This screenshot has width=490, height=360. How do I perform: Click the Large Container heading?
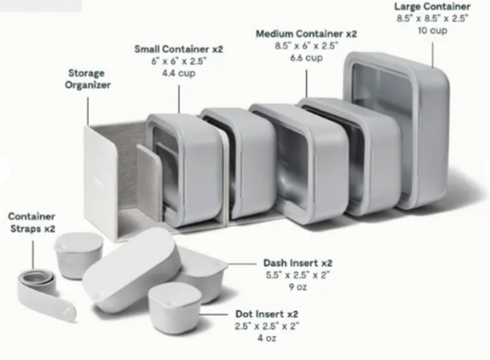[433, 7]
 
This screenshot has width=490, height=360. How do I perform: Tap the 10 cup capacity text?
[433, 31]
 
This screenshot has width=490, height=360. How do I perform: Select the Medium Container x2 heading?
[306, 34]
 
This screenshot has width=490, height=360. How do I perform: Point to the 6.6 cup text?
[306, 58]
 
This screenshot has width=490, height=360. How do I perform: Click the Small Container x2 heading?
[179, 49]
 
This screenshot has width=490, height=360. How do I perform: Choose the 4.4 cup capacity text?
[179, 74]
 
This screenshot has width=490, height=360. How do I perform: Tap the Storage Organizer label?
[87, 79]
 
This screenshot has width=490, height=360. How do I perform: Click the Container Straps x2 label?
[32, 222]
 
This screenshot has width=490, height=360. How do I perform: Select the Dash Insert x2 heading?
[298, 263]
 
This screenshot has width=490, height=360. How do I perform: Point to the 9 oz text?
[298, 287]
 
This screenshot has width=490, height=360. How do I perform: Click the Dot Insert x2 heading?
[267, 314]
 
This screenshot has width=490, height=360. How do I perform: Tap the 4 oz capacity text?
[267, 338]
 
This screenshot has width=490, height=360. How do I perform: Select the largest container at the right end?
[397, 131]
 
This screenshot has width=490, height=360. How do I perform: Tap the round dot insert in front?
[174, 307]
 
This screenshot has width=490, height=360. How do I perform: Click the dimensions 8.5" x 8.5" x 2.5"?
[433, 18]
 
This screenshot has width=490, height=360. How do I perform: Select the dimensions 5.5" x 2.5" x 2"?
[298, 275]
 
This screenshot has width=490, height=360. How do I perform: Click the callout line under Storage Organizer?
[88, 111]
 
